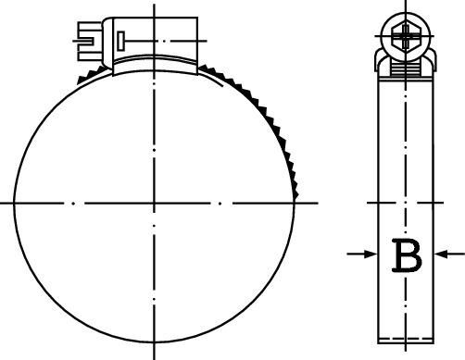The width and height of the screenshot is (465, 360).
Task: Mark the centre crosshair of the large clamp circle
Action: click(153, 201)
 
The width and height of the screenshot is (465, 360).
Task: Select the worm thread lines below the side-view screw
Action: click(405, 68)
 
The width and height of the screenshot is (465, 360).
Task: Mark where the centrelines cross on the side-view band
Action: click(405, 201)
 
